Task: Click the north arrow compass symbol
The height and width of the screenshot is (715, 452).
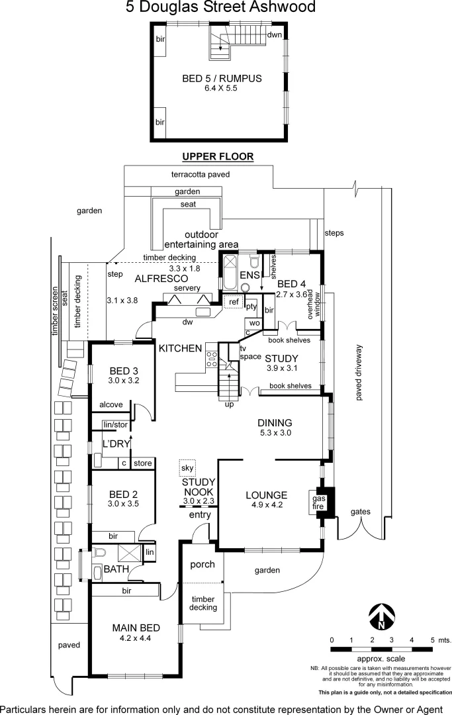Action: click(x=382, y=616)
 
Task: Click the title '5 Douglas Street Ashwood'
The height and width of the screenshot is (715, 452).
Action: click(x=220, y=8)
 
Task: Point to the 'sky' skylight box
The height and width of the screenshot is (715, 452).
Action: click(x=187, y=467)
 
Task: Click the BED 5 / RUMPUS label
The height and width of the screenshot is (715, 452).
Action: click(x=222, y=79)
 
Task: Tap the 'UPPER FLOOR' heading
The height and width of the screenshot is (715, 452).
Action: click(x=218, y=156)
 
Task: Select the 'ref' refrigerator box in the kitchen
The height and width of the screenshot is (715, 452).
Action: click(x=233, y=302)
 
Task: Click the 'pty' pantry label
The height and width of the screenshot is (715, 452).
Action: click(x=251, y=306)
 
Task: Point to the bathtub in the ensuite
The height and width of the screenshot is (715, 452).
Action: click(x=229, y=273)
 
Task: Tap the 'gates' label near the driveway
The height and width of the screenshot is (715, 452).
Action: click(x=361, y=512)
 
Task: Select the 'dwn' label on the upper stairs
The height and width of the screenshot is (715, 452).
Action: click(x=274, y=34)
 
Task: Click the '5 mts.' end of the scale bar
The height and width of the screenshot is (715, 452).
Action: click(x=433, y=640)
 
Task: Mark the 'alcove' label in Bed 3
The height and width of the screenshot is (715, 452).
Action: click(x=111, y=405)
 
